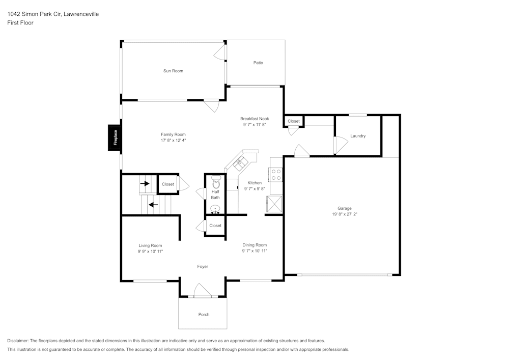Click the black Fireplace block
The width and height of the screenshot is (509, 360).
click(x=115, y=137)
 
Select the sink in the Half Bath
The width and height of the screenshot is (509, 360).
click(x=215, y=208)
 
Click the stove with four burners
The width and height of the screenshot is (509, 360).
click(x=276, y=175)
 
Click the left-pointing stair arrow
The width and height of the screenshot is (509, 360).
click(x=152, y=205)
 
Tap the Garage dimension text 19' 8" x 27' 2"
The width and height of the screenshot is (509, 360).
click(x=345, y=214)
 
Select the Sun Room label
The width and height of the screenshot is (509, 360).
click(x=173, y=71)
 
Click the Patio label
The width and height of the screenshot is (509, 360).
click(x=258, y=63)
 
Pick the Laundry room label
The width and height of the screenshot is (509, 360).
click(x=358, y=136)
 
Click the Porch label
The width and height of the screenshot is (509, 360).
click(x=204, y=314)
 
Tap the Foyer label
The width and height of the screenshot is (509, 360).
click(x=203, y=266)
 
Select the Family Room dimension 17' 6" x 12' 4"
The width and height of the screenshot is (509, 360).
click(x=174, y=141)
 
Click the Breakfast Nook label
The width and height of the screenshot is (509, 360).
click(x=254, y=118)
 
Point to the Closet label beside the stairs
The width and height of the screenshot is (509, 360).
click(x=167, y=184)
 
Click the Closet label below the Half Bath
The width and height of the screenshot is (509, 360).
click(x=215, y=226)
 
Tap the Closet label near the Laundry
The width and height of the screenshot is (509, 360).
click(x=294, y=121)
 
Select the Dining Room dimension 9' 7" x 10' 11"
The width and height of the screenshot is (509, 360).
click(x=254, y=251)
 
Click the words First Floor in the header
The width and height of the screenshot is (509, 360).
click(x=20, y=23)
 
